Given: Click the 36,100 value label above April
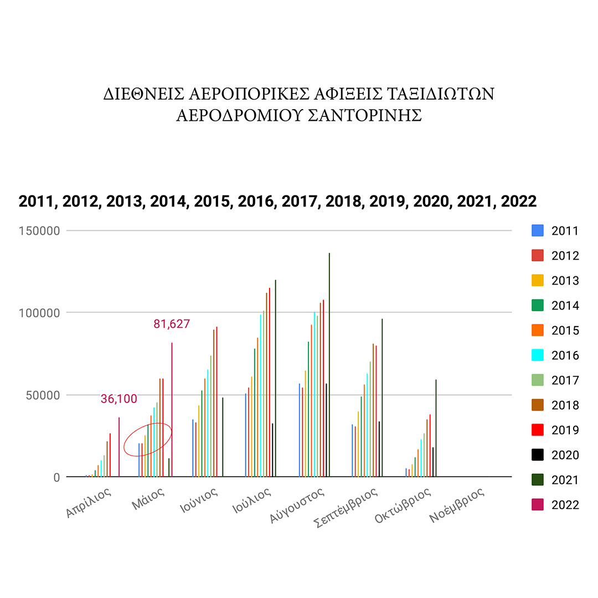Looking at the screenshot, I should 118,399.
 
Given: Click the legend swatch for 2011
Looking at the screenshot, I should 537,231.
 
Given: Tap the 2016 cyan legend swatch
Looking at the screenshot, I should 537,355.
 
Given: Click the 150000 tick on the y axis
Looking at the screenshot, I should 40,231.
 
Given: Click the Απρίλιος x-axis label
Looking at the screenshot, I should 89,502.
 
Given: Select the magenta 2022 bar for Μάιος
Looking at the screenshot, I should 172,410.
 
